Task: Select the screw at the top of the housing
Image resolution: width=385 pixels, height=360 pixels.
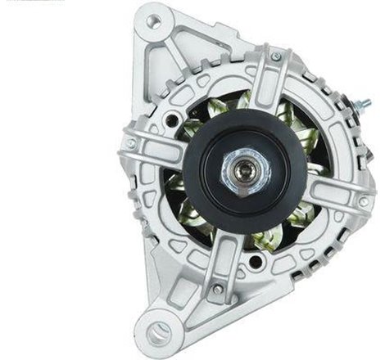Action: point(276,56)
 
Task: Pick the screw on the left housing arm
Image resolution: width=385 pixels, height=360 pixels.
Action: point(130,143)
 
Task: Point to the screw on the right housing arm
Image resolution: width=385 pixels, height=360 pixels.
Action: point(363,200)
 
